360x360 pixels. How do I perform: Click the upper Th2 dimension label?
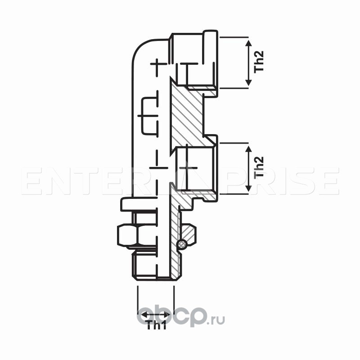click(259, 62)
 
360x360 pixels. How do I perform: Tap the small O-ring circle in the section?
click(181, 244)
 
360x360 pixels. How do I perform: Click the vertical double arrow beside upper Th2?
click(248, 62)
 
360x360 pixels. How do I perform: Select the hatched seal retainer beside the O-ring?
click(189, 234)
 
